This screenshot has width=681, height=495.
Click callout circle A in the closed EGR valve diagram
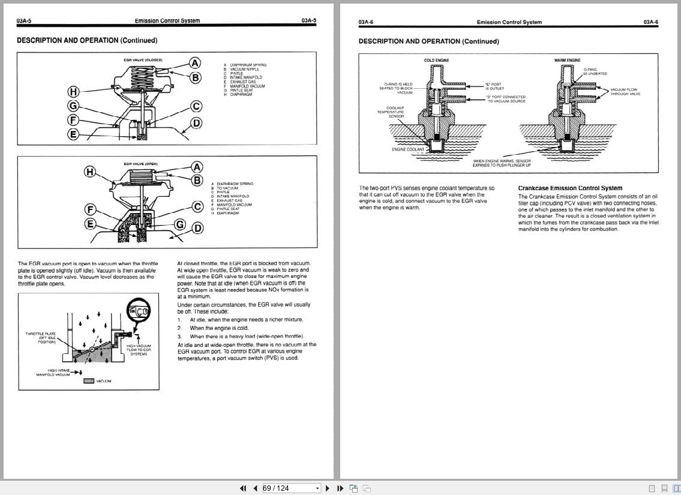(196, 62)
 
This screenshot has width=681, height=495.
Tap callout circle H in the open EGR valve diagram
(89, 172)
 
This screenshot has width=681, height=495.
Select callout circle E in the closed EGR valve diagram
(73, 134)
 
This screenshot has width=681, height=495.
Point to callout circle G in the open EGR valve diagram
(179, 224)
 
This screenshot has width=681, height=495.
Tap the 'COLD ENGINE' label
(436, 60)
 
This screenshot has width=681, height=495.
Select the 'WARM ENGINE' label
(567, 60)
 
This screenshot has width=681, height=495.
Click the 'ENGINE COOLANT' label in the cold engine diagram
(408, 149)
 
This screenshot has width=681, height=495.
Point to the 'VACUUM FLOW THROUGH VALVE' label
(625, 92)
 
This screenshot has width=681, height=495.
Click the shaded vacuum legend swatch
(89, 381)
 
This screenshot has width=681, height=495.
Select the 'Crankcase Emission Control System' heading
(570, 188)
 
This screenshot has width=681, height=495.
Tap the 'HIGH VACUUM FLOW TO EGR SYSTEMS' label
(139, 350)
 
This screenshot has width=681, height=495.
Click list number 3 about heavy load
(179, 337)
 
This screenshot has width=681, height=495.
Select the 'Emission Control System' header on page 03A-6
(509, 22)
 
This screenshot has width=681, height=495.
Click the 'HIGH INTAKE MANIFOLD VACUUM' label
(53, 373)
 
